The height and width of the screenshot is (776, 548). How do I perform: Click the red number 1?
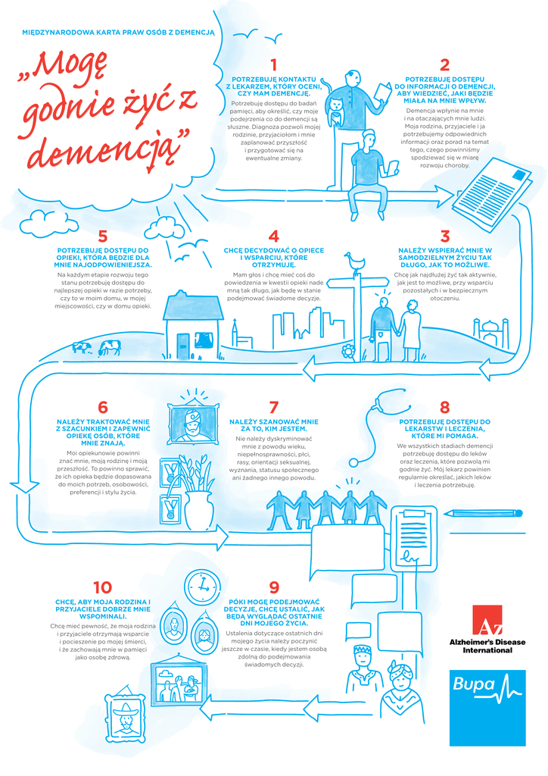point(273,65)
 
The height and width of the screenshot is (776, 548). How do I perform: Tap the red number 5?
point(104,236)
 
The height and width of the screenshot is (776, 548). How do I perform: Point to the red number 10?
point(102,587)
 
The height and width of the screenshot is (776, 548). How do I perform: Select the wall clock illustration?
point(201,584)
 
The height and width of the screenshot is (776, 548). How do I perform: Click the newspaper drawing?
point(500,189)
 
